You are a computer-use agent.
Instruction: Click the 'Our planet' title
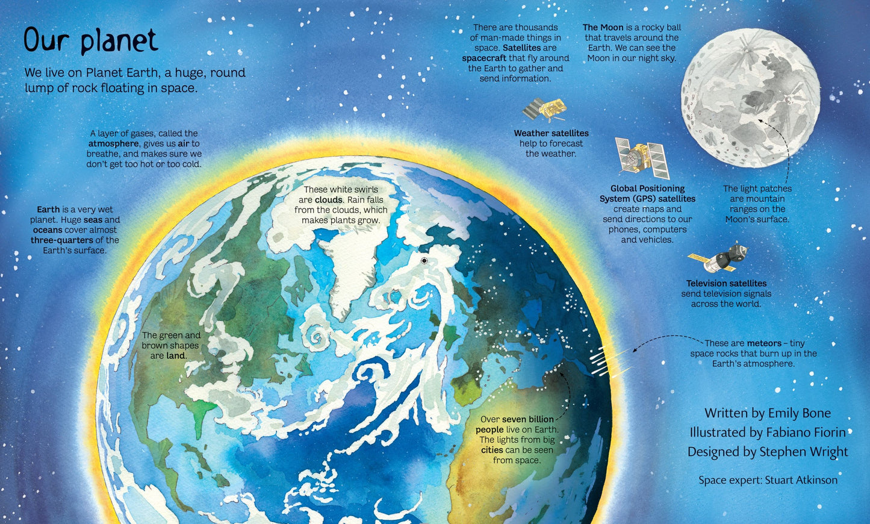click(x=90, y=40)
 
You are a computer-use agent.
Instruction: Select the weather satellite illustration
click(x=544, y=110)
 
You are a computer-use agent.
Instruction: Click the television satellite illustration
click(x=718, y=258)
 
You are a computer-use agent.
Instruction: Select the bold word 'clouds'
click(x=329, y=200)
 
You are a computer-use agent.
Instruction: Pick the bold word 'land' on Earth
click(x=176, y=356)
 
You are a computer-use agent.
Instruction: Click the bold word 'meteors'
click(x=764, y=343)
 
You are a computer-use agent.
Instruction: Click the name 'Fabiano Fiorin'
click(x=806, y=432)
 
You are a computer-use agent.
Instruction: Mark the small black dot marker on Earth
click(x=424, y=261)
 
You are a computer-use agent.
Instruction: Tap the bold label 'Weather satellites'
click(x=551, y=133)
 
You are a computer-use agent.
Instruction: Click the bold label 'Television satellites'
click(x=726, y=283)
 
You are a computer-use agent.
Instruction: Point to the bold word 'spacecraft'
click(x=484, y=58)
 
